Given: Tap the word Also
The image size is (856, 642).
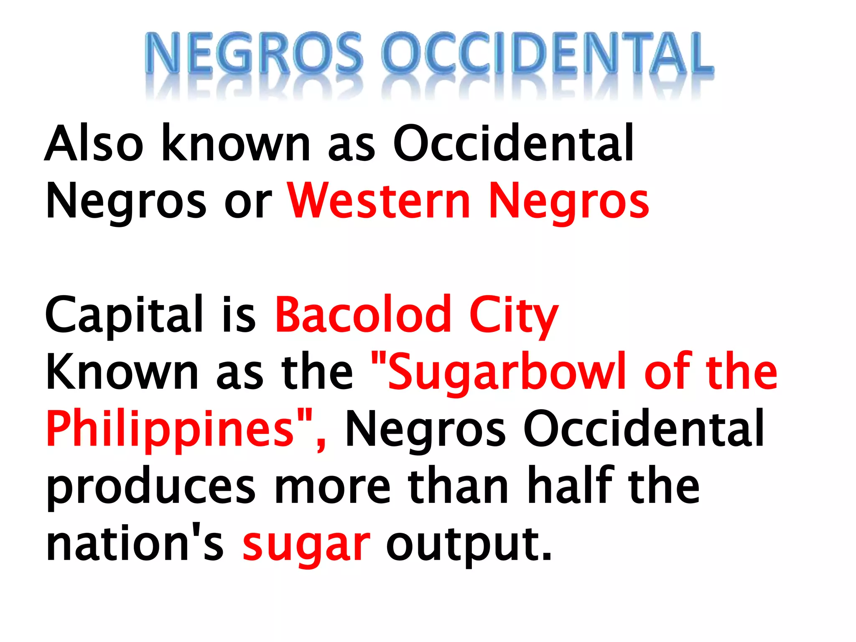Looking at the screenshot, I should click(x=94, y=143).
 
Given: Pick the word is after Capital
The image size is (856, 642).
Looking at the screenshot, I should click(x=239, y=314).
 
